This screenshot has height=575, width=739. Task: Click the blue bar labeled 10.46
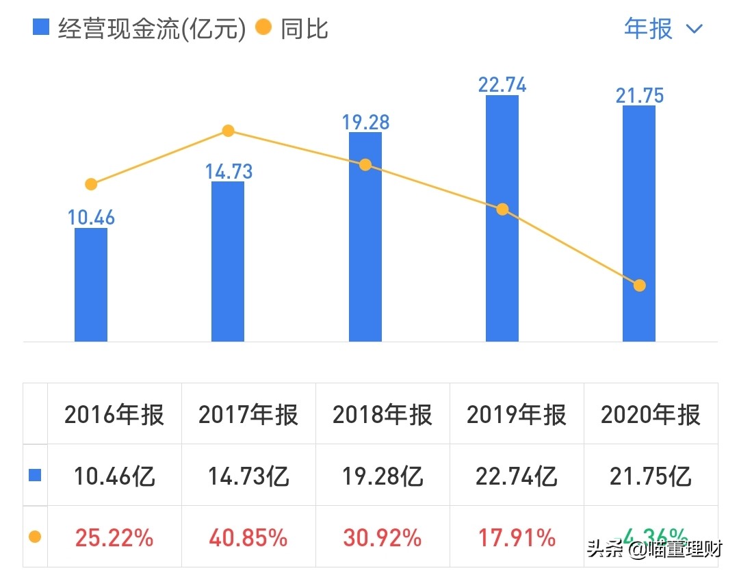click(x=91, y=285)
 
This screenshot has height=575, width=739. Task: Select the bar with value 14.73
click(x=228, y=261)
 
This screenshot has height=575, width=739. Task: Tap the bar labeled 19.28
click(x=365, y=237)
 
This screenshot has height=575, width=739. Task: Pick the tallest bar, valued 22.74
click(x=502, y=218)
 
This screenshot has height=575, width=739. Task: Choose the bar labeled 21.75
click(x=639, y=223)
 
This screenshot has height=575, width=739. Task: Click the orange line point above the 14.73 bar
click(x=229, y=131)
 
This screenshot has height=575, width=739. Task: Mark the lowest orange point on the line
click(x=639, y=285)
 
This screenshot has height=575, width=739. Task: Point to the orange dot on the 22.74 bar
click(x=502, y=209)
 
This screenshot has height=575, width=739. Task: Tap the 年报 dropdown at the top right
click(x=662, y=29)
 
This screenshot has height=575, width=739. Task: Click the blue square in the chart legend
click(x=41, y=28)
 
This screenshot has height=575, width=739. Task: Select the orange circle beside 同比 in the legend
click(x=263, y=28)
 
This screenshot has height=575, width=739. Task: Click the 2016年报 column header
click(x=114, y=415)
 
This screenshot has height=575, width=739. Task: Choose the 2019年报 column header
click(x=517, y=415)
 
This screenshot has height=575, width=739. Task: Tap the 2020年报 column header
click(x=651, y=415)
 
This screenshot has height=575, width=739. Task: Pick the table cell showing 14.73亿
click(x=248, y=476)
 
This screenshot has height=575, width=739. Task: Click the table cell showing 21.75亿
click(x=651, y=476)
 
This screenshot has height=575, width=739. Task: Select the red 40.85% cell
click(x=248, y=538)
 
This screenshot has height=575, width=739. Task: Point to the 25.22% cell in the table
click(x=114, y=538)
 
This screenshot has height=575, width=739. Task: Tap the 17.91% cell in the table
click(x=517, y=538)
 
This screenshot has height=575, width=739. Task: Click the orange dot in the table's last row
click(x=35, y=537)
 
